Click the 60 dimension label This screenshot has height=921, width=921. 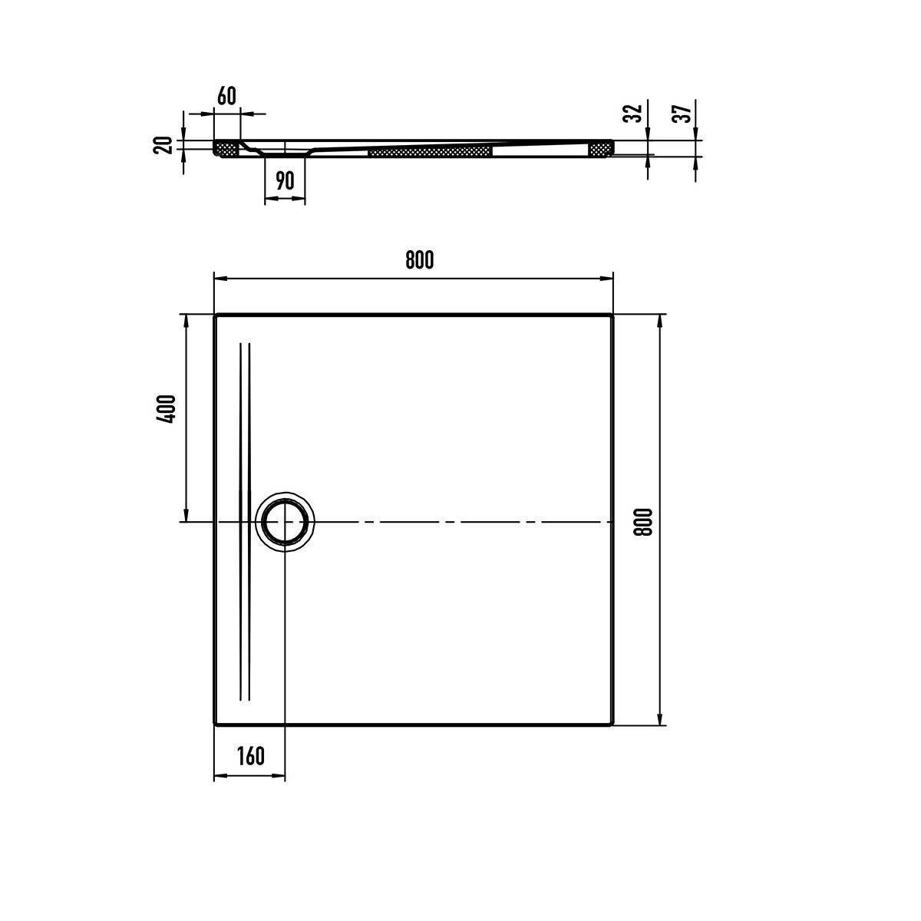226,96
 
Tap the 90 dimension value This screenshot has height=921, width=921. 285,180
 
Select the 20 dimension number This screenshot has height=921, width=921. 163,145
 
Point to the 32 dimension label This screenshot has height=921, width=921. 634,113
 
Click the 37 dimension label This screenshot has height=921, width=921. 682,114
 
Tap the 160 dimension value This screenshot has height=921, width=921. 250,756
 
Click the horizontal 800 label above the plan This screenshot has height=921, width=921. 420,260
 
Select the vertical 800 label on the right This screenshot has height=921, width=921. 643,522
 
